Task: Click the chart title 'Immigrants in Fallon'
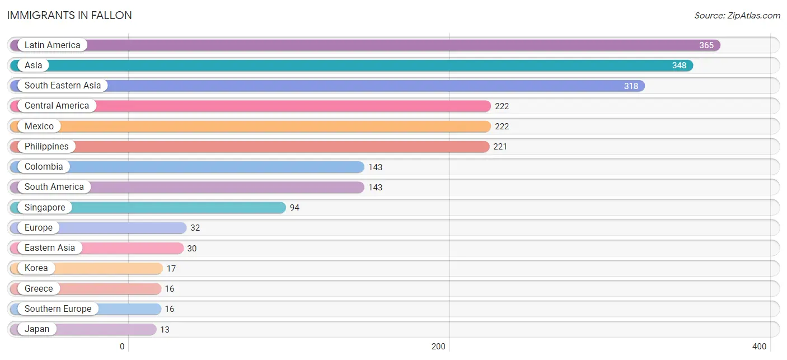pos(69,16)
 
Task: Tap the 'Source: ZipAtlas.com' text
pos(737,16)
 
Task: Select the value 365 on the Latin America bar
pos(706,45)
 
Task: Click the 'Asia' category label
pos(34,66)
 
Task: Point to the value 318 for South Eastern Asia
pos(631,86)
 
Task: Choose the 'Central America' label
pos(57,106)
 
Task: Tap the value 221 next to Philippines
pos(500,147)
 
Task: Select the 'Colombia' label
pos(44,167)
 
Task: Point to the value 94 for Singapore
pos(294,208)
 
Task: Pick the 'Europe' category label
pos(39,228)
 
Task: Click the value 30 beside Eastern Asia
pos(192,249)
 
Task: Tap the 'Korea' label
pos(36,268)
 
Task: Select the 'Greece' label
pos(39,289)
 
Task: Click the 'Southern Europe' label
pos(58,309)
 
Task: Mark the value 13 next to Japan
pos(165,330)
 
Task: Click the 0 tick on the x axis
pos(122,347)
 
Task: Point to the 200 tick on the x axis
pos(438,347)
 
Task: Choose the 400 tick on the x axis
pos(759,347)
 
